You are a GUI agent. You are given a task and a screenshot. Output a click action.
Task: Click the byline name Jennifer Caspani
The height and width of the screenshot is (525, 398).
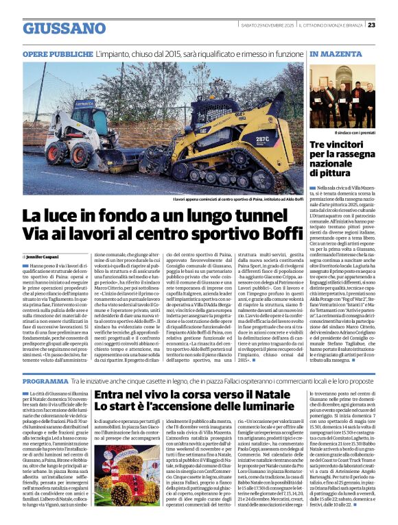(48, 256)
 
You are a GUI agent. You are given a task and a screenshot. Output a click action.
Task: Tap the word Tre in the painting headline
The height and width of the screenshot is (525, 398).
(320, 145)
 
